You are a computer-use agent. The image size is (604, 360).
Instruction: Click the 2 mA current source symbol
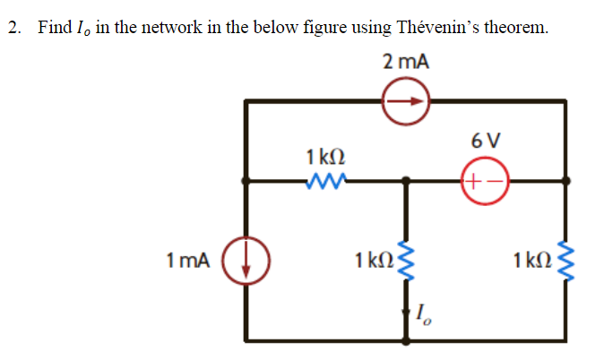pos(407,102)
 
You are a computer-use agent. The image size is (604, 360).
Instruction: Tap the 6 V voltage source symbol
pos(485,179)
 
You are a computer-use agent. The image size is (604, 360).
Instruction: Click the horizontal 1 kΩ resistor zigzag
pos(321,182)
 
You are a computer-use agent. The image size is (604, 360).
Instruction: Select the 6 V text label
pos(485,141)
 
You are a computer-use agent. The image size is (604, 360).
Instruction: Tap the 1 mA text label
pos(189,261)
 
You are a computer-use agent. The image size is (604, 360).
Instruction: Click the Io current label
pos(426,315)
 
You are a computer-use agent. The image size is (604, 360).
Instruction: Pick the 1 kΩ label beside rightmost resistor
pos(531,261)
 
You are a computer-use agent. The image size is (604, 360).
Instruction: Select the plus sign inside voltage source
pos(476,179)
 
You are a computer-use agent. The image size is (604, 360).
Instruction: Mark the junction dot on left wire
pos(246,180)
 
